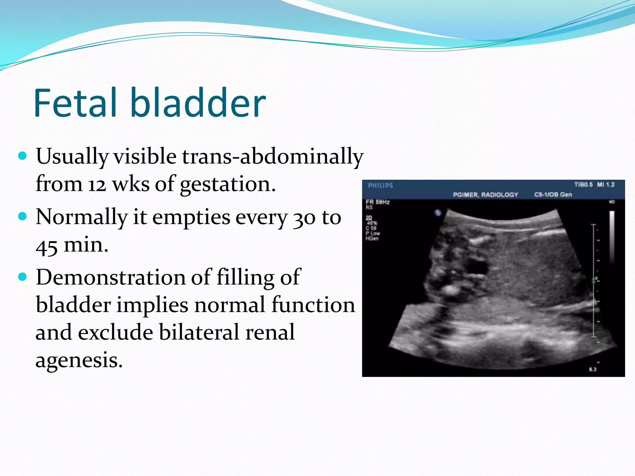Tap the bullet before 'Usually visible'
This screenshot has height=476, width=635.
[23, 155]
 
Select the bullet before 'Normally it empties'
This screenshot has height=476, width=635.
[23, 216]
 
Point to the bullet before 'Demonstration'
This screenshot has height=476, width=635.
[23, 276]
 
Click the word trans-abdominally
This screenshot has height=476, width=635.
[272, 156]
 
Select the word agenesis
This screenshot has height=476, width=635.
[79, 360]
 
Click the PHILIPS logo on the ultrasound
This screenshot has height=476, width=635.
[380, 186]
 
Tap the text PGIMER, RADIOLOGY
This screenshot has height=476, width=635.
[485, 195]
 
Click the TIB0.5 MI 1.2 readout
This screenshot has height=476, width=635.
[594, 185]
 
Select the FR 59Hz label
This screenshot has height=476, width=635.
[378, 202]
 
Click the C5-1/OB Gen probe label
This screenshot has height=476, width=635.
[553, 195]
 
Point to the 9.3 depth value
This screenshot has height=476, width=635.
[593, 369]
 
